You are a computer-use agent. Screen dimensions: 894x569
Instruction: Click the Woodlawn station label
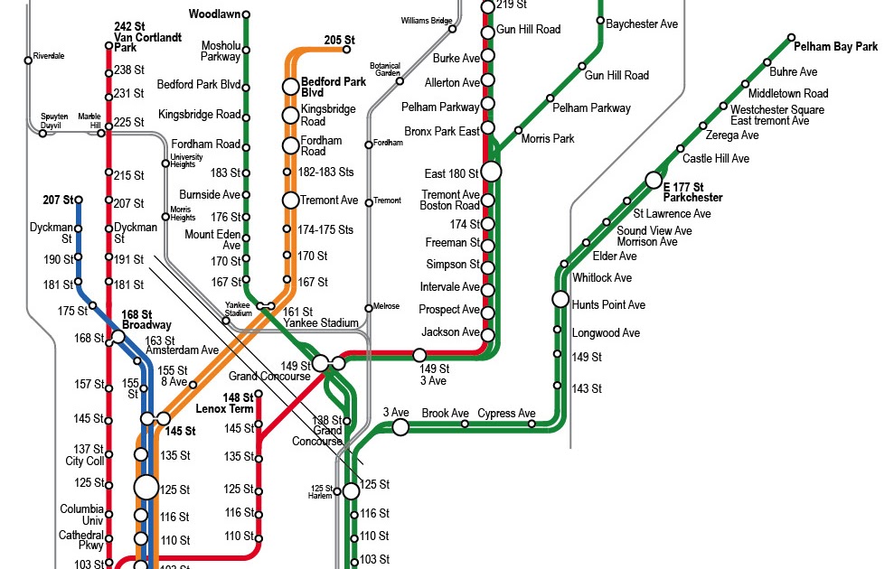click(x=213, y=14)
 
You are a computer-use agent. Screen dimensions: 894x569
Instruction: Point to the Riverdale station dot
click(x=28, y=61)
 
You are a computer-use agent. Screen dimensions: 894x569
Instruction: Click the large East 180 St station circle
click(x=491, y=171)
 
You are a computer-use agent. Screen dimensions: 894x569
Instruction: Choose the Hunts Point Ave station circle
click(x=560, y=299)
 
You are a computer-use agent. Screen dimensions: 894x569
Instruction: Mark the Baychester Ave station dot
click(x=599, y=23)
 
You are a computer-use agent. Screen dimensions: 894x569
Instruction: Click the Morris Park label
click(x=548, y=139)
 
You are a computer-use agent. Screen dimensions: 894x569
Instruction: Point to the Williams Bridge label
click(x=426, y=20)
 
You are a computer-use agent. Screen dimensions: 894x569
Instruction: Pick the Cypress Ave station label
click(x=506, y=414)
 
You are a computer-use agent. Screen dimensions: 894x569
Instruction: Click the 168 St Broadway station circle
click(x=118, y=337)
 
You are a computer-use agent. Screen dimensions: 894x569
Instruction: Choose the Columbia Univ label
click(x=82, y=514)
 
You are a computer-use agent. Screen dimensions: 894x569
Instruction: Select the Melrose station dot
click(x=369, y=308)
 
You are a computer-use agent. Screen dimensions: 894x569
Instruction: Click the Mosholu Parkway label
click(x=221, y=51)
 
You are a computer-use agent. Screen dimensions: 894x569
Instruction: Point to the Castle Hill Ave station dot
click(x=681, y=148)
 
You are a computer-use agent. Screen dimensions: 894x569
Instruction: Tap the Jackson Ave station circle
click(x=488, y=335)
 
